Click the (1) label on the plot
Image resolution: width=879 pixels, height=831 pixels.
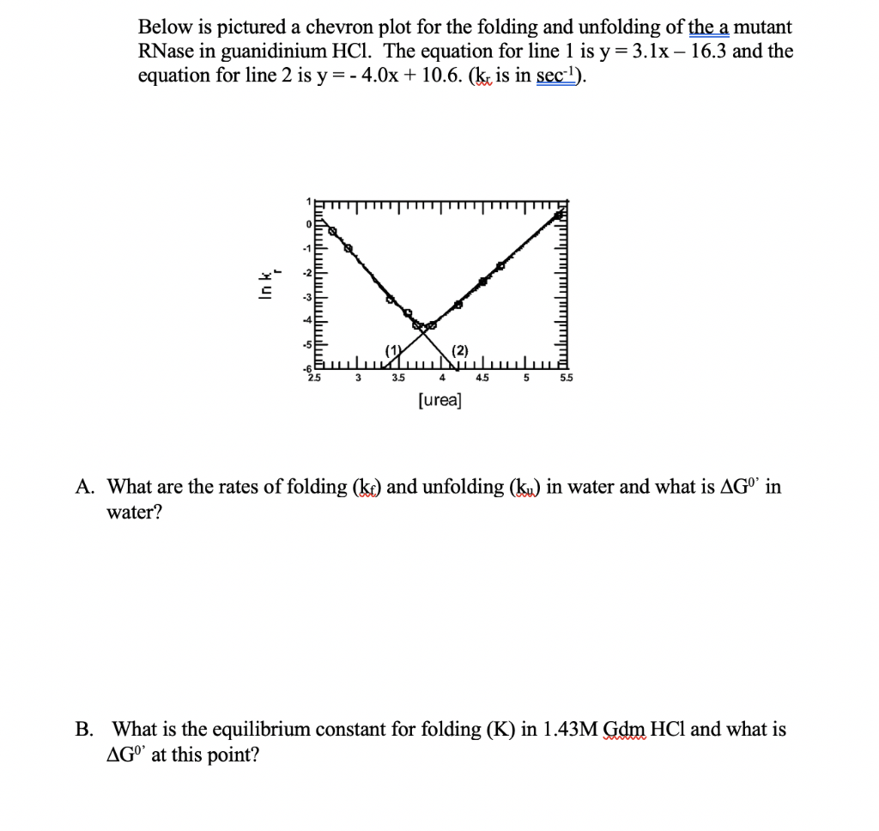coord(394,349)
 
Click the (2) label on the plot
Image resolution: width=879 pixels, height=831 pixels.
coord(460,349)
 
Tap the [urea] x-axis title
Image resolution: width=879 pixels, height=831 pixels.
coord(439,400)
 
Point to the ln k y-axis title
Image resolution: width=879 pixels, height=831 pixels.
coord(268,282)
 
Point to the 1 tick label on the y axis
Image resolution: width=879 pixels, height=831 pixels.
coord(306,202)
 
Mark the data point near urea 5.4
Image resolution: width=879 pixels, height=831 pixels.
coord(558,215)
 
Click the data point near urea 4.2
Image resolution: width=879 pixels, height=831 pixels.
coord(458,304)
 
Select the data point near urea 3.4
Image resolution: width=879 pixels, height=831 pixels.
coord(390,300)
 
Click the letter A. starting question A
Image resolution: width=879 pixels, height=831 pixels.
coord(85,488)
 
